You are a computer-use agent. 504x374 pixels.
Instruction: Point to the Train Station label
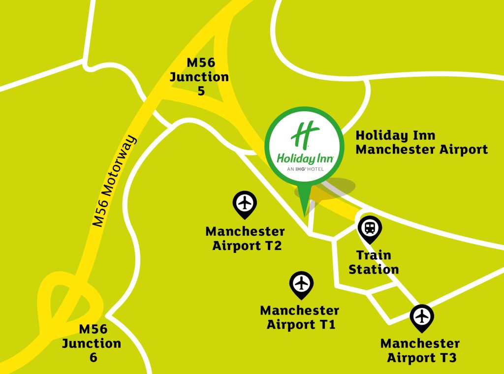(374, 262)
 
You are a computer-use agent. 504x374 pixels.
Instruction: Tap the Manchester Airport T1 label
(300, 318)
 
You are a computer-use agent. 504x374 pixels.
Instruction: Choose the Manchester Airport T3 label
(420, 350)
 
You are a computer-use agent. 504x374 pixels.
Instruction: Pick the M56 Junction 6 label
(92, 343)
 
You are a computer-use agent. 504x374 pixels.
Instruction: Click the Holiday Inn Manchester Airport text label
(422, 142)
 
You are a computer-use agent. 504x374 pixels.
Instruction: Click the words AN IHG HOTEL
(305, 169)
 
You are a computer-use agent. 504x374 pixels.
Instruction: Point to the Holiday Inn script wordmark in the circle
(305, 158)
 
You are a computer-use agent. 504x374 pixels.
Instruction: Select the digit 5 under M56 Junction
(201, 91)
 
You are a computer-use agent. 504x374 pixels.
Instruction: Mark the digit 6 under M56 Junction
(94, 357)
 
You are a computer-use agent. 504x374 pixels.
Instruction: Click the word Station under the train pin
(374, 270)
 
